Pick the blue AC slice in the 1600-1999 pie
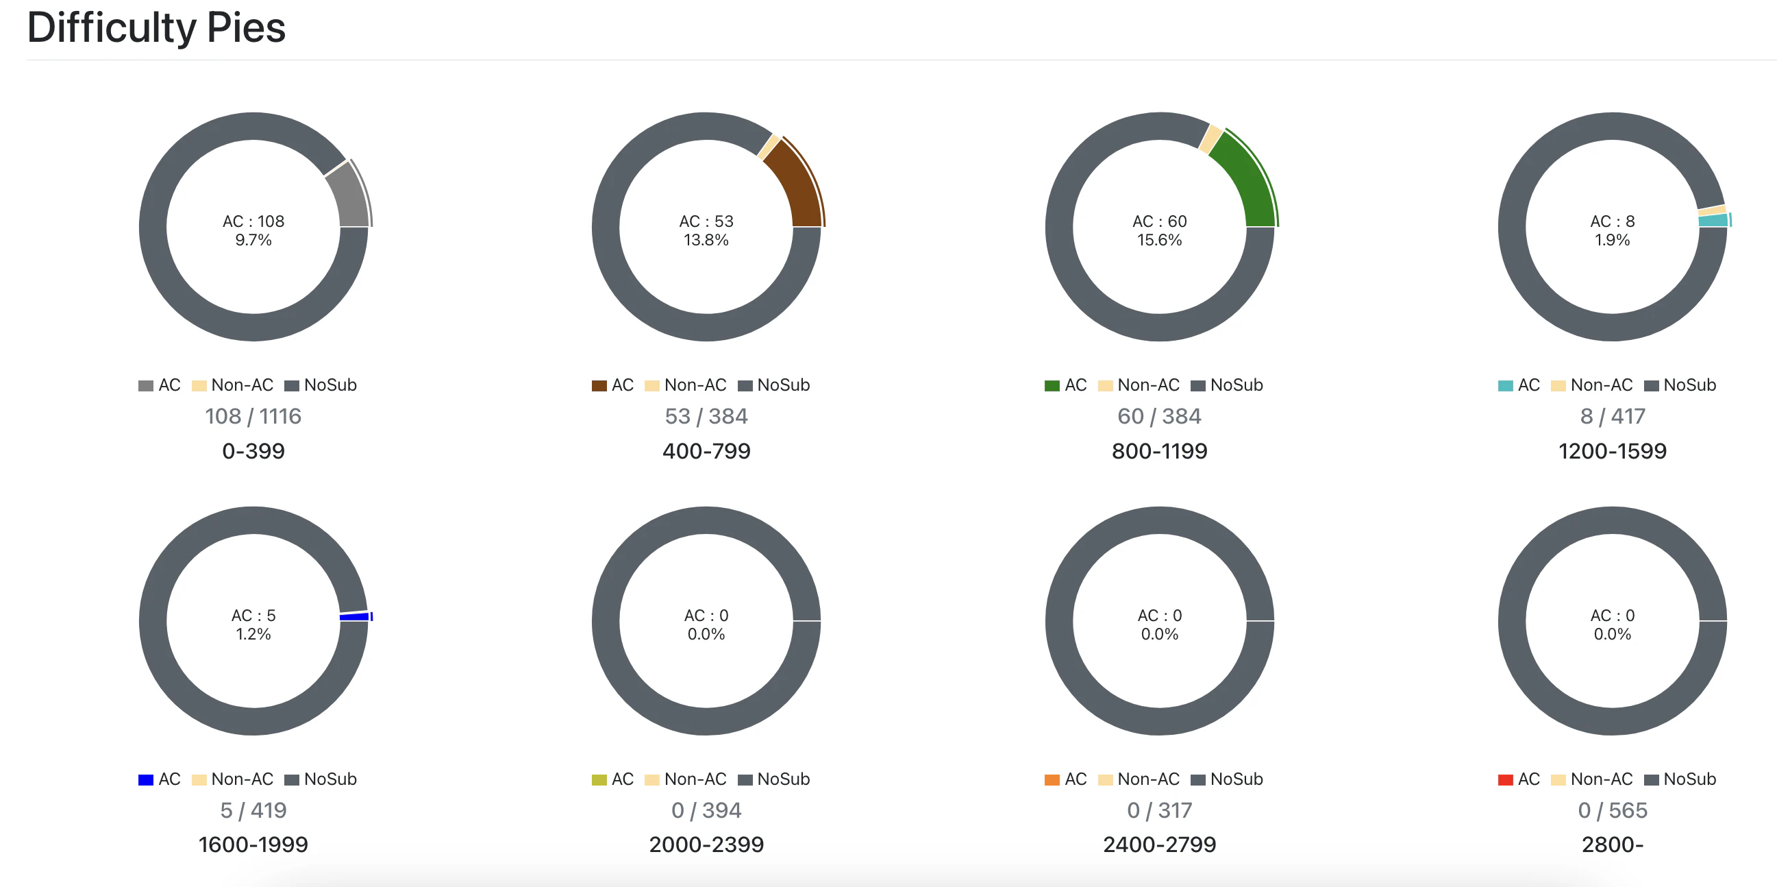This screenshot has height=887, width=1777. (x=355, y=616)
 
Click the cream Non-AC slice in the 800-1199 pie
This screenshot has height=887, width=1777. (x=1210, y=138)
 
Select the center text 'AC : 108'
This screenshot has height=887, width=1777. (x=253, y=221)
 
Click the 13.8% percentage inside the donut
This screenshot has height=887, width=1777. (x=706, y=240)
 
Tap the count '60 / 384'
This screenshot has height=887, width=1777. (x=1159, y=416)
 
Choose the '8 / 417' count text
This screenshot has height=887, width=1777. (x=1612, y=416)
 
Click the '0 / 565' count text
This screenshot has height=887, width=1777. (x=1612, y=810)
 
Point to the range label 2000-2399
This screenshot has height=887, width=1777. (x=706, y=845)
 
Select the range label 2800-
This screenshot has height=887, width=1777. (x=1612, y=845)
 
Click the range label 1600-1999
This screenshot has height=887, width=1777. (x=253, y=845)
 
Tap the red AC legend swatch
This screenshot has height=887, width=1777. (x=1505, y=780)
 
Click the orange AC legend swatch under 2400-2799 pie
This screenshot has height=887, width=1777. (x=1052, y=780)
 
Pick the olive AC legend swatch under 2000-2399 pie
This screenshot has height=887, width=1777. (x=599, y=780)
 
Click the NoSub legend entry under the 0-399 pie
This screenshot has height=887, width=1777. (x=321, y=385)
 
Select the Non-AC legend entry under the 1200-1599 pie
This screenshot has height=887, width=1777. (x=1591, y=385)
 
